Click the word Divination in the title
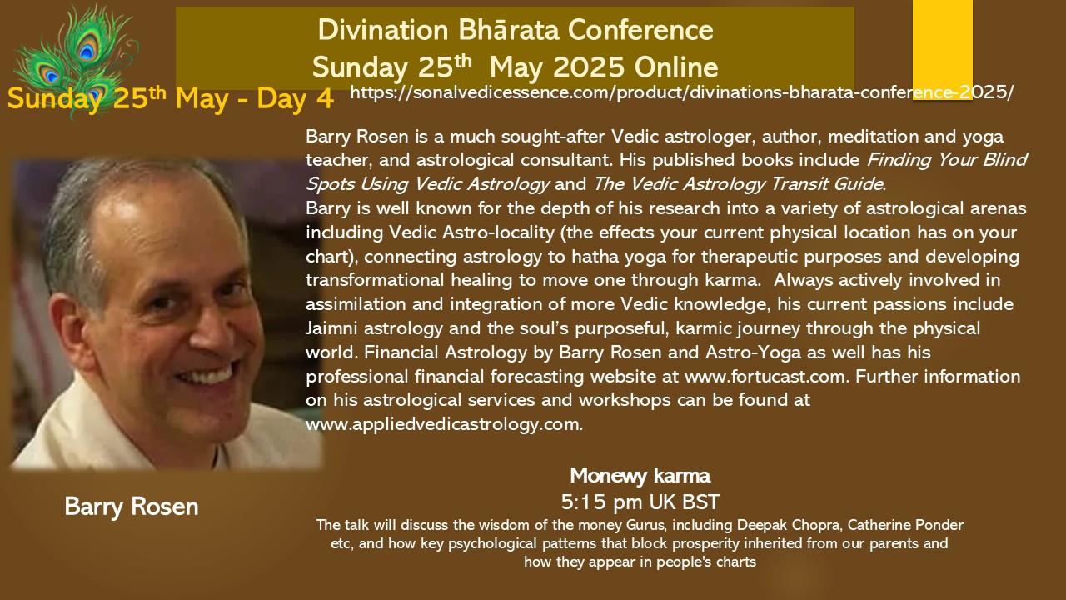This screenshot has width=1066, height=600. point(383,30)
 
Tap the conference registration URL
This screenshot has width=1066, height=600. point(682,92)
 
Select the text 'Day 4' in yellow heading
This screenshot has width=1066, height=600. point(295,99)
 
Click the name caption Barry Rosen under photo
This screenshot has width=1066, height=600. point(132,507)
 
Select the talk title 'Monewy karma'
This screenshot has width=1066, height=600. point(640,476)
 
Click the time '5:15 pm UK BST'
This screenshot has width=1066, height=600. point(640,502)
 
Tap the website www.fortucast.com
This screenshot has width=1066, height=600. point(765,377)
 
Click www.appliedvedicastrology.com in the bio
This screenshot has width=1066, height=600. point(443,424)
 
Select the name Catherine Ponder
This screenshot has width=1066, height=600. point(905,525)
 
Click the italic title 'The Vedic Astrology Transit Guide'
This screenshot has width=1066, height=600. point(738,184)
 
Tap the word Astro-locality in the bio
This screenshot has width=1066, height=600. point(498,232)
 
